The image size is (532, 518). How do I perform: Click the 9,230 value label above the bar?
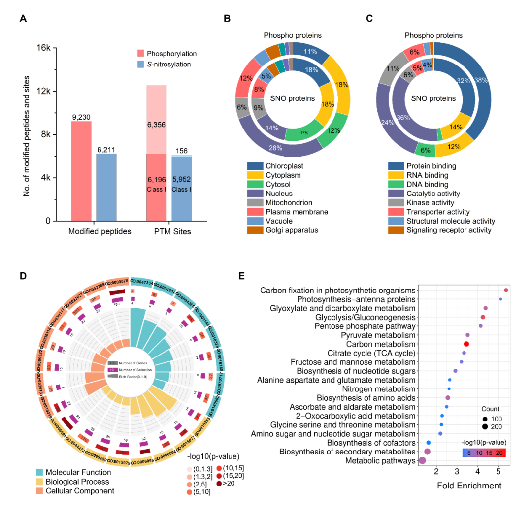(81, 117)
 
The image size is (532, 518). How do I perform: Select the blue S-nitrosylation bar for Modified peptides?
(106, 187)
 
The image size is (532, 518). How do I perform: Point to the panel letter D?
(23, 276)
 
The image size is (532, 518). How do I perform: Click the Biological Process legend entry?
(77, 482)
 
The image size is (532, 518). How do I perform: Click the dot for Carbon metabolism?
(466, 344)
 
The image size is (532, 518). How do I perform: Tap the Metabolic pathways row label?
(380, 461)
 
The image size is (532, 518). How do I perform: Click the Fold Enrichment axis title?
(469, 486)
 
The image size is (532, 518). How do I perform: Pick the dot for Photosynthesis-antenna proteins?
(500, 299)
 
